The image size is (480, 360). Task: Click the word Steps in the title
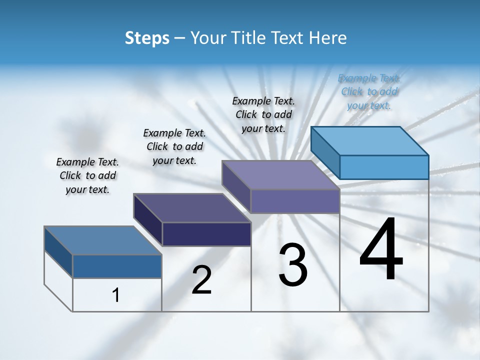point(147,38)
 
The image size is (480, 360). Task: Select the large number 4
point(381,249)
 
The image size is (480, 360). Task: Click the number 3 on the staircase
point(293,264)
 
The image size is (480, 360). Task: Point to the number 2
point(201,280)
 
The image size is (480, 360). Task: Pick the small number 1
point(116,295)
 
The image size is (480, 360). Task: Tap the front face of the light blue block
point(384,167)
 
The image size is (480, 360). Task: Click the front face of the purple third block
point(295,201)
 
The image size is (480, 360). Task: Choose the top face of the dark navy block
point(192,208)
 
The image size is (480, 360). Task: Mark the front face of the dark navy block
point(206,234)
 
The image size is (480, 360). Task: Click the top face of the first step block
point(103,240)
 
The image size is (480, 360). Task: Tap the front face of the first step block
point(117,266)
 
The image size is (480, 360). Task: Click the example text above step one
point(87,175)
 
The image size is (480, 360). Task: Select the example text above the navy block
point(174,146)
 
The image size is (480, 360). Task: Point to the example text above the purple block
point(263,114)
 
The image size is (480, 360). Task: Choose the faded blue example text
point(369,91)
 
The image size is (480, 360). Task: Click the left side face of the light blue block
point(325,152)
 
